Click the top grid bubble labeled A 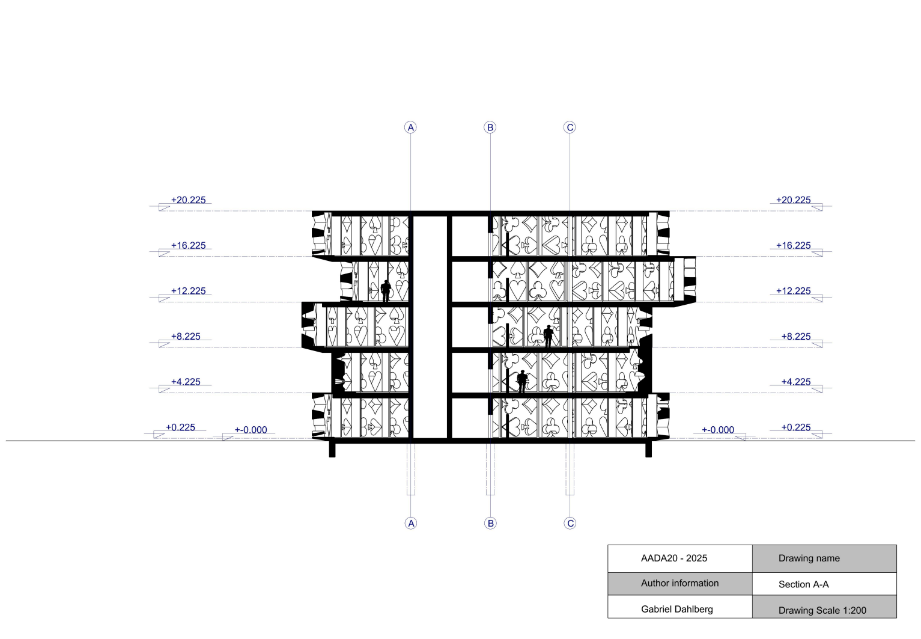tap(410, 127)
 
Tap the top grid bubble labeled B tap(490, 127)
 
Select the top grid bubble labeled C tap(570, 127)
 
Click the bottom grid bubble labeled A tap(411, 523)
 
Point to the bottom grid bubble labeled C tap(571, 523)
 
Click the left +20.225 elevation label tap(188, 200)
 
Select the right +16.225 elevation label tap(793, 246)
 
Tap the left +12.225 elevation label tap(188, 291)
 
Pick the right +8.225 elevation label tap(795, 337)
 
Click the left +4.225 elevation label tap(186, 382)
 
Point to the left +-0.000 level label tap(251, 430)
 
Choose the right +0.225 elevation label tap(795, 427)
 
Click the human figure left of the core tap(386, 291)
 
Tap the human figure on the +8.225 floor tap(548, 337)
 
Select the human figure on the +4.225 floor tap(522, 382)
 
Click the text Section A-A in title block tap(803, 584)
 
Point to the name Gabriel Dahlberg tap(676, 609)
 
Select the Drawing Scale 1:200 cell tap(822, 610)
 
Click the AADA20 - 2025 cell tap(673, 558)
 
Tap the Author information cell tap(679, 583)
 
